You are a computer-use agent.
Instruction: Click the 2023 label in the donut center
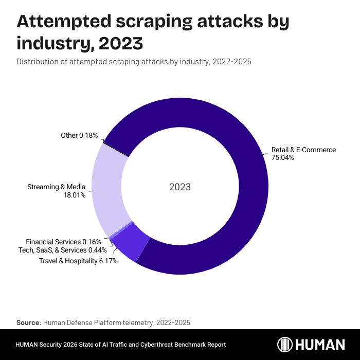point(180,187)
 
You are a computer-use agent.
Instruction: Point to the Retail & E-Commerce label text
point(303,150)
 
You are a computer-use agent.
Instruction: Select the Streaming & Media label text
point(56,187)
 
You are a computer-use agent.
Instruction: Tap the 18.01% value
point(74,195)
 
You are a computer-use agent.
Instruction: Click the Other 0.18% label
point(79,135)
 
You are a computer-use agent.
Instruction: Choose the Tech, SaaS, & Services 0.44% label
point(62,250)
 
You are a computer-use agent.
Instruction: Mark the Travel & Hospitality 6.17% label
point(78,261)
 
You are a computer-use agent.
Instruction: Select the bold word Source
point(28,322)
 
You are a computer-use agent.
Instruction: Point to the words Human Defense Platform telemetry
point(94,322)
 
